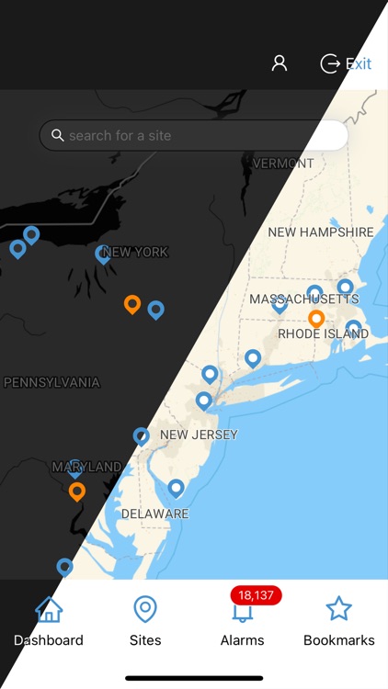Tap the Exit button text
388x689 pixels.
pos(358,63)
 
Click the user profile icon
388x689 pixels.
pos(280,63)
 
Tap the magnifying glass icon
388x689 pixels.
pos(59,136)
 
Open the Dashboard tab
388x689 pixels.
pos(48,622)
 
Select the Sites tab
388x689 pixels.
pos(145,622)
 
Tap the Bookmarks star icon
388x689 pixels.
pos(339,608)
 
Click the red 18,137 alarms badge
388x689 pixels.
pos(256,595)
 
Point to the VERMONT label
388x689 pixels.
pos(283,164)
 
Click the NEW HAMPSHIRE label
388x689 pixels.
pos(321,232)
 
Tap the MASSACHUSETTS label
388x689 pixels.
pos(304,299)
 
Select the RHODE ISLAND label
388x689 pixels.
pos(323,333)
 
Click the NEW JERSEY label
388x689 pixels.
pos(199,435)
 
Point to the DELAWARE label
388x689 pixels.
pos(154,514)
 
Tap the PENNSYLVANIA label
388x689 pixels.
pos(51,382)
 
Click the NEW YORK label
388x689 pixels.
pos(135,252)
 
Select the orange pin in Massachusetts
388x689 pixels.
pos(316,318)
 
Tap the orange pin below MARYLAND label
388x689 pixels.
pos(77,491)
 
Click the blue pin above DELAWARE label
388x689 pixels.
pos(176,487)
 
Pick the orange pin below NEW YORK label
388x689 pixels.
pos(132,303)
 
